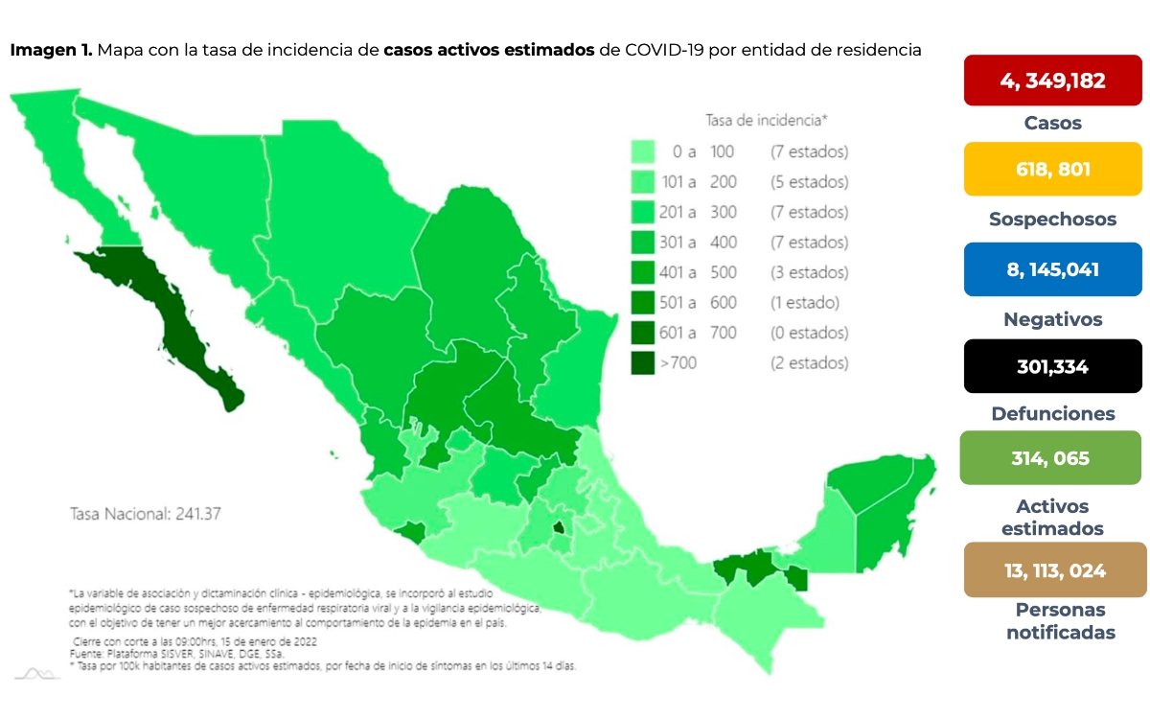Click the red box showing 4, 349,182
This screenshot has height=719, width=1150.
pyautogui.click(x=1052, y=81)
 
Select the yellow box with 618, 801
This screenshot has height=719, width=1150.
pyautogui.click(x=1052, y=170)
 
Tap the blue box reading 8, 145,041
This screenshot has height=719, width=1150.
pyautogui.click(x=1052, y=269)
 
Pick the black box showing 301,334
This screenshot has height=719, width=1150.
pyautogui.click(x=1052, y=366)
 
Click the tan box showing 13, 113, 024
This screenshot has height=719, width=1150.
pyautogui.click(x=1052, y=570)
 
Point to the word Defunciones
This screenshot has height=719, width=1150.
pyautogui.click(x=1052, y=414)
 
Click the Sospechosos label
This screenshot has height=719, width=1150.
pyautogui.click(x=1052, y=220)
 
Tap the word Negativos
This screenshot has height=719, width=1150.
pyautogui.click(x=1052, y=319)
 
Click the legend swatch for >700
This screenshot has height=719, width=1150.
pyautogui.click(x=643, y=363)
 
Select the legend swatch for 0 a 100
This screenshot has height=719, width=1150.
pyautogui.click(x=643, y=151)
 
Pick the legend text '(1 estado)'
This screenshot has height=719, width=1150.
pyautogui.click(x=804, y=303)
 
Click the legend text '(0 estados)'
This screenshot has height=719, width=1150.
pyautogui.click(x=809, y=333)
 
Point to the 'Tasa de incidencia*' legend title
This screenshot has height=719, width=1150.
pyautogui.click(x=766, y=120)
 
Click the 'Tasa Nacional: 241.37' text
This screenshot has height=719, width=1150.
pyautogui.click(x=146, y=513)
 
